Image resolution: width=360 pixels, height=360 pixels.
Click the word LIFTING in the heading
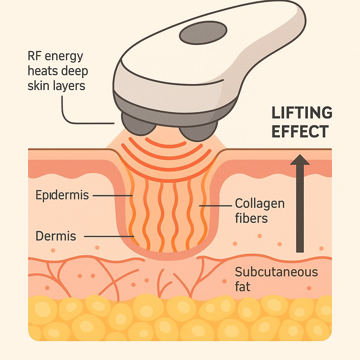tap(302, 113)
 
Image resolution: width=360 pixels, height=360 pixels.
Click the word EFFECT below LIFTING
tap(300, 131)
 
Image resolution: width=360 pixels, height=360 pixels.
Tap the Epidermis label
tap(62, 195)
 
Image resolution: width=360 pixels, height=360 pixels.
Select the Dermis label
tap(56, 236)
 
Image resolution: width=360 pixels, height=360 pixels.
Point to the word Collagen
tap(259, 203)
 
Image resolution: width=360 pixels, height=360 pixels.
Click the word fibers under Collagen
tap(251, 218)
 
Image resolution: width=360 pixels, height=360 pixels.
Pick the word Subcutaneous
tap(276, 272)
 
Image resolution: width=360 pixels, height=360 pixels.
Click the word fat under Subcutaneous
tap(243, 287)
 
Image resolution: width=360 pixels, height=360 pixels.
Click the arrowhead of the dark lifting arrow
tap(300, 160)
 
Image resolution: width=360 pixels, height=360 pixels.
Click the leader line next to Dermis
tap(109, 236)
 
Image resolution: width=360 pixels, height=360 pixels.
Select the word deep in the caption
tap(73, 71)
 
